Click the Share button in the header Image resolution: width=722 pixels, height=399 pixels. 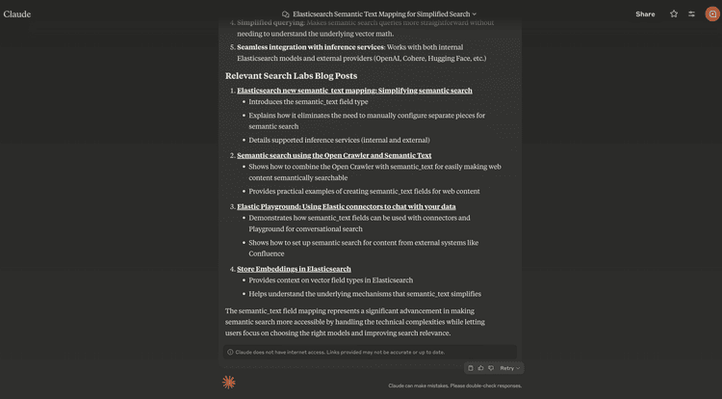(645, 13)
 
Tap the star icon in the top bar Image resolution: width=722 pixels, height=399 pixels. (674, 13)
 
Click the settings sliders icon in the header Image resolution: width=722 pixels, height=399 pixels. (691, 13)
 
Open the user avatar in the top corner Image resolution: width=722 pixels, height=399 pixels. (711, 13)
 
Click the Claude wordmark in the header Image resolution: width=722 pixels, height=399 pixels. (17, 13)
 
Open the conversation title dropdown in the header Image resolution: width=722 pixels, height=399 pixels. (379, 14)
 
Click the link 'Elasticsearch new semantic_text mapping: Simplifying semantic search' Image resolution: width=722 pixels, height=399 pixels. (354, 91)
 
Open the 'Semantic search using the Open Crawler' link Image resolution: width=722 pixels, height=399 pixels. (334, 155)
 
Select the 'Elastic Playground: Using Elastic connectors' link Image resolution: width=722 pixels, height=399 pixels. (346, 206)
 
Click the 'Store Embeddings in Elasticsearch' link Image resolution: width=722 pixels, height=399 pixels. (294, 269)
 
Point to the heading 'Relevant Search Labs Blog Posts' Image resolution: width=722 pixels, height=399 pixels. (291, 75)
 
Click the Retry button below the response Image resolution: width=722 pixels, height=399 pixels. (509, 368)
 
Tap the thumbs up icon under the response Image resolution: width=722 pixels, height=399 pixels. (480, 368)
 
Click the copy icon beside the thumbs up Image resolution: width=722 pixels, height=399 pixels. (470, 368)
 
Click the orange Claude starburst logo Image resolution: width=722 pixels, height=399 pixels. (229, 383)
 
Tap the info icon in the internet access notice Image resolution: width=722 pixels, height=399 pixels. (230, 352)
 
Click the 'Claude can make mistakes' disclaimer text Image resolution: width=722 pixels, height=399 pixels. (454, 386)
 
